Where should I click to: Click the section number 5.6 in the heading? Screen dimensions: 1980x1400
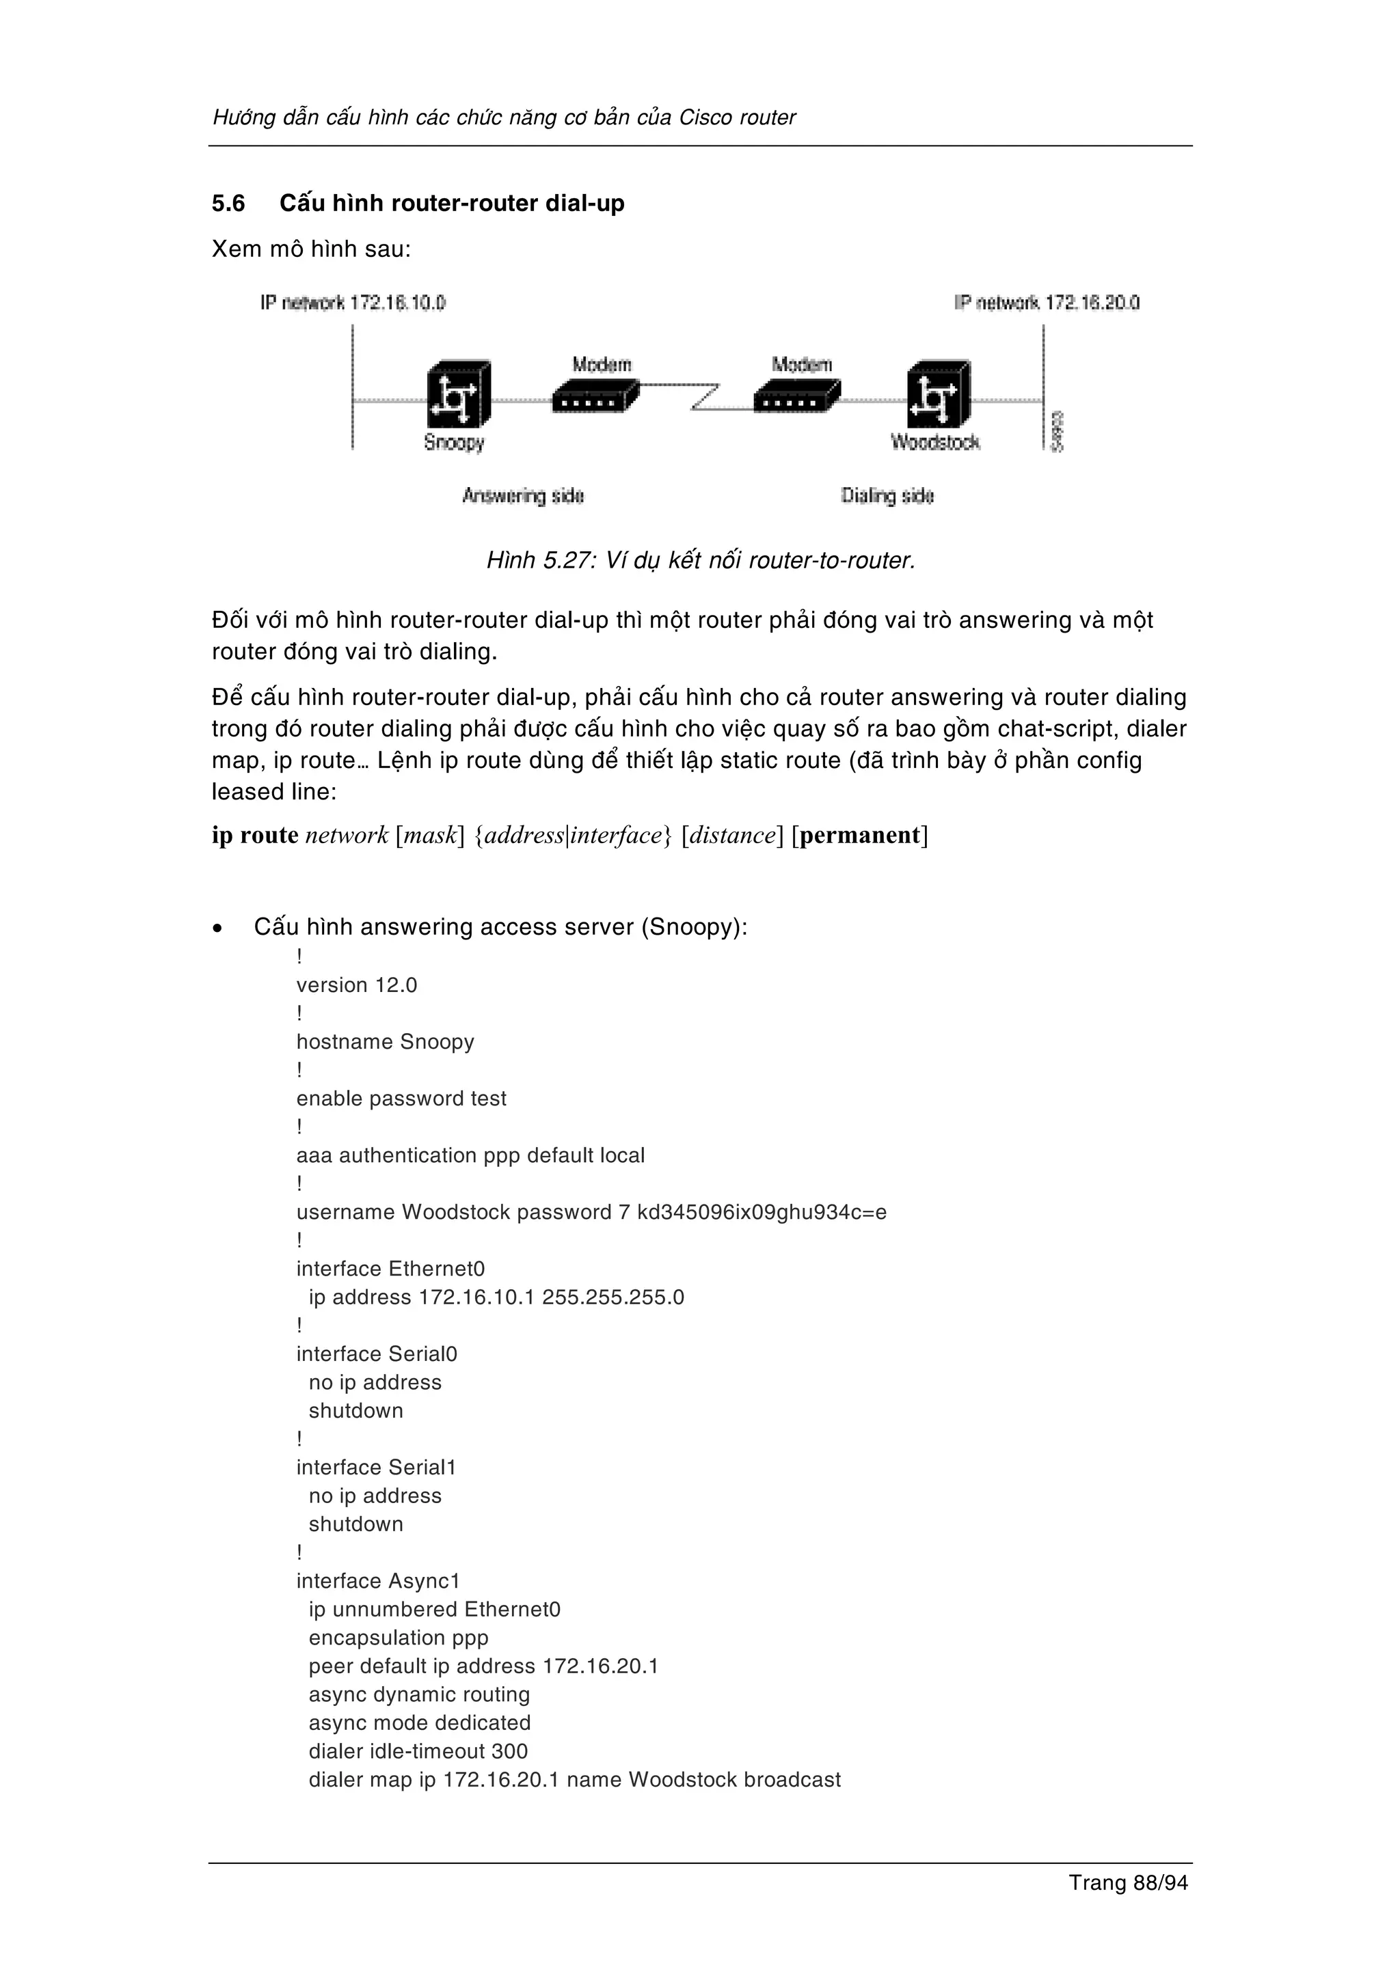[228, 204]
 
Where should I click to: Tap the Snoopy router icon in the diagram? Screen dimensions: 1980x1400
[459, 394]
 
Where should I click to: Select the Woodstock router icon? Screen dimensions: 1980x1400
[939, 394]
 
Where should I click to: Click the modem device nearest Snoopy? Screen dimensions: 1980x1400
[595, 399]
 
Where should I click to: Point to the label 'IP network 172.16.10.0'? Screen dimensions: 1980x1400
[353, 303]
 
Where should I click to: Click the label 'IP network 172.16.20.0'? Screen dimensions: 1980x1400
[1047, 303]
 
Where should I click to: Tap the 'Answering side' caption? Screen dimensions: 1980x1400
[523, 496]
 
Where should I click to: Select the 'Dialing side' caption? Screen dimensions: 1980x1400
[887, 496]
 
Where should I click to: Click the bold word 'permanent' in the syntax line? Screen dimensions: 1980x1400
[860, 835]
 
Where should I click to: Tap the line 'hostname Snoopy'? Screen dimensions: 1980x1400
[385, 1042]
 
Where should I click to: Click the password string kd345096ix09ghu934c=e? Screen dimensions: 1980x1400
[762, 1213]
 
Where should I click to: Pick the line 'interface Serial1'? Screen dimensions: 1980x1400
[376, 1468]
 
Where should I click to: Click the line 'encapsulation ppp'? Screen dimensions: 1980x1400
[399, 1638]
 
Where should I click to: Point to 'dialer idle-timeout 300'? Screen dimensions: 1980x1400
[418, 1752]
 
